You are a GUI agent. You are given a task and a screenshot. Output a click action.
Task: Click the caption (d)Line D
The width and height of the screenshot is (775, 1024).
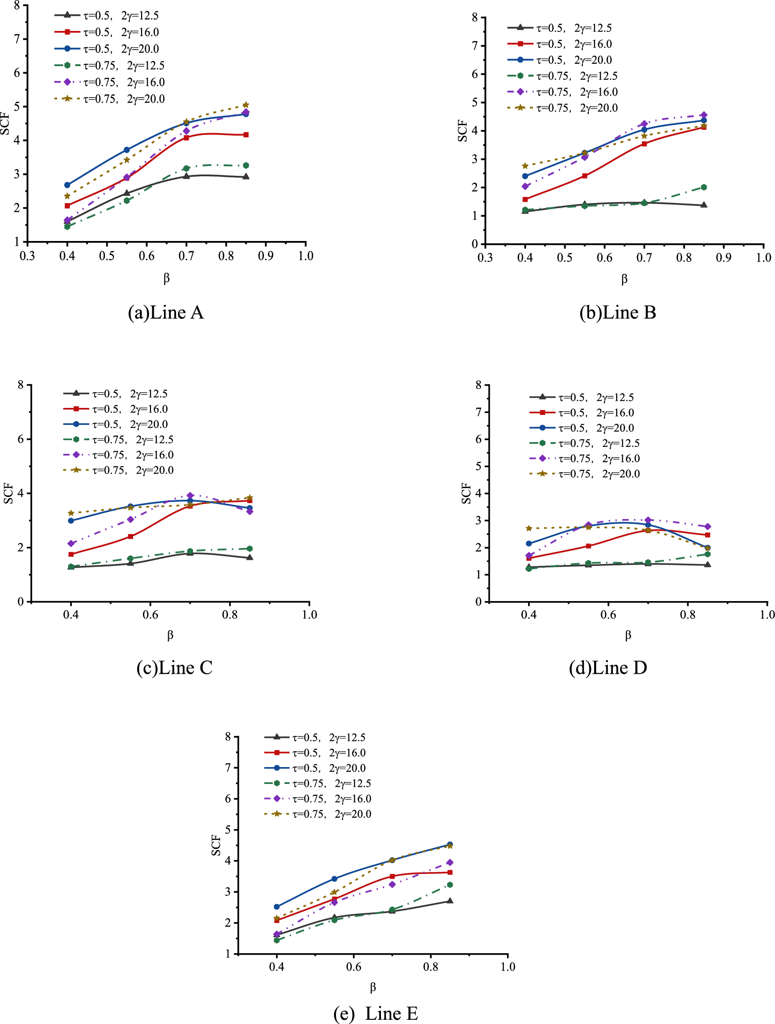tap(608, 668)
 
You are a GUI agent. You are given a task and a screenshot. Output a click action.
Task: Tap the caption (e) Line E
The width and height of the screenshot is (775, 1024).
tap(375, 1013)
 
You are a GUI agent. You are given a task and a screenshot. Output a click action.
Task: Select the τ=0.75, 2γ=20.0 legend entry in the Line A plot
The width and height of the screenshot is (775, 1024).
tap(110, 99)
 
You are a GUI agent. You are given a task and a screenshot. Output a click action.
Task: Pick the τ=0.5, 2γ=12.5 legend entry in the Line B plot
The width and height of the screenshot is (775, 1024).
tap(560, 28)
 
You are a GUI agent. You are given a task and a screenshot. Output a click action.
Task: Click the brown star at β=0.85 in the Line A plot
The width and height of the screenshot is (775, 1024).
tap(246, 105)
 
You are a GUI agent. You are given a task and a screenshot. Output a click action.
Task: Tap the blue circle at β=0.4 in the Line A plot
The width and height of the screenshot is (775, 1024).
tap(67, 185)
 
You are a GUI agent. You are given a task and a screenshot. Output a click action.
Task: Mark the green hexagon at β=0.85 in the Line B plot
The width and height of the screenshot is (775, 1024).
tap(704, 187)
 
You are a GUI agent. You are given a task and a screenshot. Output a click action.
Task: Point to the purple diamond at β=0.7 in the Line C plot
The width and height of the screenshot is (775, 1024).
tap(190, 495)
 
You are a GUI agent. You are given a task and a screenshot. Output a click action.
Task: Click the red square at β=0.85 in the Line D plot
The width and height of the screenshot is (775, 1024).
tap(708, 535)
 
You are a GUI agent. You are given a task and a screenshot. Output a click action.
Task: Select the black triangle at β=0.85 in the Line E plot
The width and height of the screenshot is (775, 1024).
tap(450, 901)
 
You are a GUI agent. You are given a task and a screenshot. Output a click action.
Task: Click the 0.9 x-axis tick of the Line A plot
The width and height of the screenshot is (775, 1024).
tap(266, 256)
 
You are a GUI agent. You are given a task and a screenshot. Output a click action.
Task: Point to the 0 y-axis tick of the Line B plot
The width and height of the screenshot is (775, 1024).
tap(475, 244)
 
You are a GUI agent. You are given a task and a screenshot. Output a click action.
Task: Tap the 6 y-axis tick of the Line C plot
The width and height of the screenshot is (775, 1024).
tap(21, 439)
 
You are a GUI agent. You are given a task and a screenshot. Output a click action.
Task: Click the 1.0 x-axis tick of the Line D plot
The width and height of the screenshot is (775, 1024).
tap(767, 615)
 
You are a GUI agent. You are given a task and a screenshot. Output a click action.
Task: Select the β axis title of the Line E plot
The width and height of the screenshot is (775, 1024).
tap(373, 987)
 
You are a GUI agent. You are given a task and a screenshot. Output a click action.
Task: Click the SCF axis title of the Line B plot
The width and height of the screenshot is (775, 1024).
tap(462, 131)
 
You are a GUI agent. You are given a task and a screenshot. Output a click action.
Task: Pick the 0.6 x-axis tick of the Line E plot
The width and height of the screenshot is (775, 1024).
tap(354, 967)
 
